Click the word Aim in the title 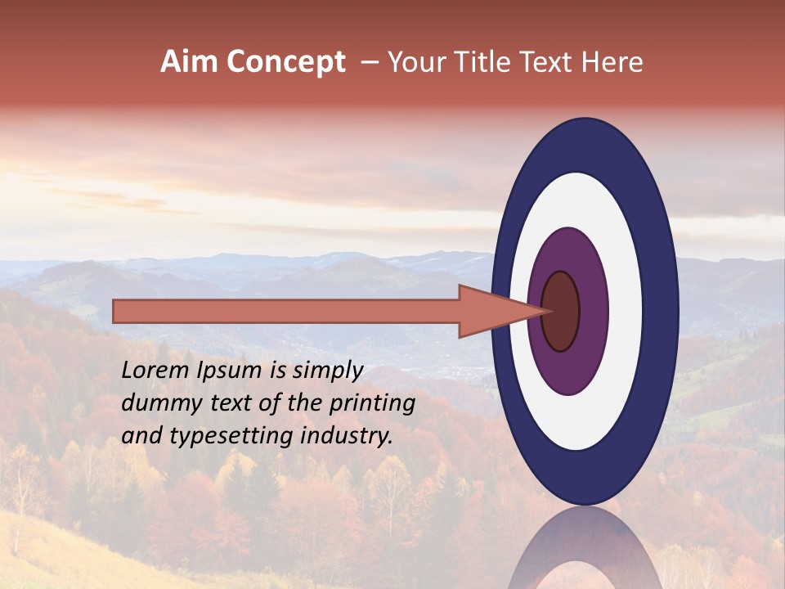coord(188,62)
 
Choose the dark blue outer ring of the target coord(663,311)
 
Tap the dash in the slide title coord(369,62)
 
